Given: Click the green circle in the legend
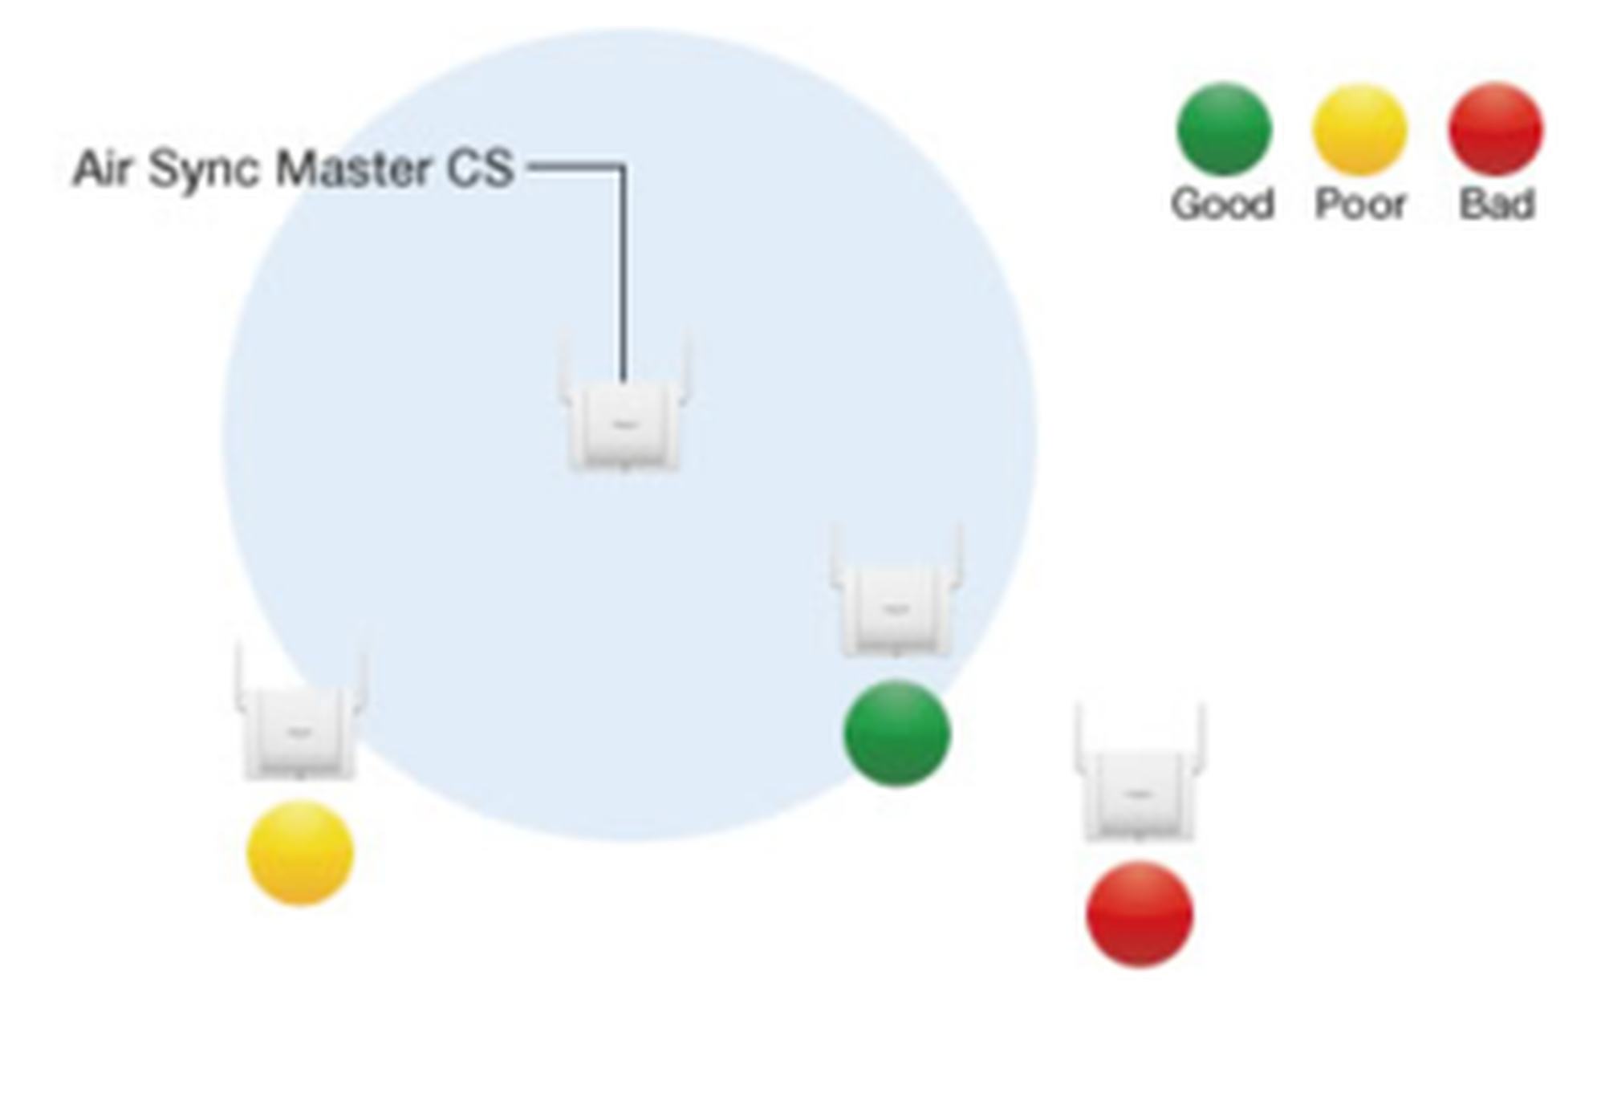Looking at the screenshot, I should pyautogui.click(x=1224, y=129).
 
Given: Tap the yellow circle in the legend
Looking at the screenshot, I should pyautogui.click(x=1359, y=129).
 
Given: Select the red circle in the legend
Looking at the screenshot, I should pyautogui.click(x=1495, y=129).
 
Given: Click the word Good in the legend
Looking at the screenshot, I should pyautogui.click(x=1222, y=204).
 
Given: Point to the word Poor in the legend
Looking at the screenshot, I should pyautogui.click(x=1360, y=204).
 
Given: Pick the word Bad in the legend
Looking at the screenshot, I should pyautogui.click(x=1497, y=204).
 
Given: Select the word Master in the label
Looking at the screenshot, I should pyautogui.click(x=352, y=169).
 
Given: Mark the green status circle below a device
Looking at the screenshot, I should pyautogui.click(x=897, y=733).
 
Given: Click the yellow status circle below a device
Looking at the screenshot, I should pyautogui.click(x=299, y=853).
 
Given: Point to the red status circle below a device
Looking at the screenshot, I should pyautogui.click(x=1140, y=914).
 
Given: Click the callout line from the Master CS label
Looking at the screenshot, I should pyautogui.click(x=624, y=265).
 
